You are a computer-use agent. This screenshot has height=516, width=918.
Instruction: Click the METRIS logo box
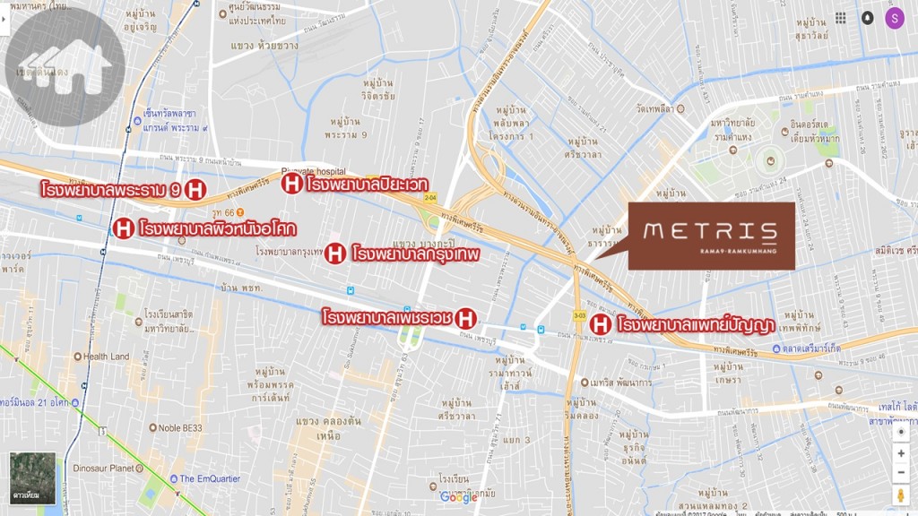click(711, 236)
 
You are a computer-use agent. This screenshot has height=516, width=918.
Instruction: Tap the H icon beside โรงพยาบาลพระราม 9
click(195, 189)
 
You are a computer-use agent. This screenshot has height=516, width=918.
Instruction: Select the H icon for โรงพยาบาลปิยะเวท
click(291, 184)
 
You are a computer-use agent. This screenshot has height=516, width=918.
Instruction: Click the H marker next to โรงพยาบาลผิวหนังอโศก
click(123, 228)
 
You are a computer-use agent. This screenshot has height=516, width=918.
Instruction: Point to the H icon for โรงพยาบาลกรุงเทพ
click(334, 254)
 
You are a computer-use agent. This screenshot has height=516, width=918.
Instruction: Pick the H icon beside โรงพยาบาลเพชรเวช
click(465, 317)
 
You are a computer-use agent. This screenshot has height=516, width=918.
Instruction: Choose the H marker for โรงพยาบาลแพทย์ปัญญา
click(601, 324)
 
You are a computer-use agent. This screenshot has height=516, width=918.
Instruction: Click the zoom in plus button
click(900, 454)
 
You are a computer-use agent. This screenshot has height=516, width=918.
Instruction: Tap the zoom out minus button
click(900, 473)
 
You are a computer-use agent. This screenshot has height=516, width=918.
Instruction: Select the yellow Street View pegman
click(900, 495)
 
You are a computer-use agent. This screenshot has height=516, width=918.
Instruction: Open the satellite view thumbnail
click(32, 478)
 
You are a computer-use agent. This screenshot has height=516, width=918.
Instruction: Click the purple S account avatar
click(894, 18)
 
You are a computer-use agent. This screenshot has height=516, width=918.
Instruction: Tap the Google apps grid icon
click(840, 18)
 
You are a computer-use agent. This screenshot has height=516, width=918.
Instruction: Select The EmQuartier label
click(210, 478)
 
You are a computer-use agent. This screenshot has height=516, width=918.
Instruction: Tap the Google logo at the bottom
click(458, 498)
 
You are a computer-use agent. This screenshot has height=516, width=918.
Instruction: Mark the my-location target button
click(900, 430)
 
